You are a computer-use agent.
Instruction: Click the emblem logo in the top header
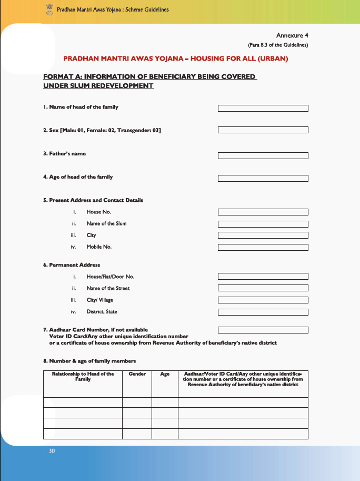click(49, 8)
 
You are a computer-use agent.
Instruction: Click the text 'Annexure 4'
click(292, 35)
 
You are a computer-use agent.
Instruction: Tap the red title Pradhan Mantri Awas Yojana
click(175, 59)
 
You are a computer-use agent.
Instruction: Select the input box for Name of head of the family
click(263, 108)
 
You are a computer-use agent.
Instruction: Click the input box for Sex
click(263, 130)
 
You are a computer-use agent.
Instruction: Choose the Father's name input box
click(263, 155)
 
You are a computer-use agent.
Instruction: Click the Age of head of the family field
click(263, 179)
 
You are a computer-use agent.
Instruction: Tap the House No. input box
click(263, 212)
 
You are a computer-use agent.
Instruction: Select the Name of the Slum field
click(263, 224)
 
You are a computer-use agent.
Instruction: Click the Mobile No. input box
click(263, 247)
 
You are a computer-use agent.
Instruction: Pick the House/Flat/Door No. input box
click(263, 277)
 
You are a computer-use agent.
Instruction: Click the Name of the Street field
click(263, 288)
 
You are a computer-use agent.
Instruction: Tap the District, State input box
click(263, 312)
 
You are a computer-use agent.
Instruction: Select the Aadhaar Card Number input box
click(263, 330)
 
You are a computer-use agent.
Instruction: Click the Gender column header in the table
click(137, 374)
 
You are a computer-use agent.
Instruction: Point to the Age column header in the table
click(165, 374)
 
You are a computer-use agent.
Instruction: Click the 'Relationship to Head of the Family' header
click(83, 377)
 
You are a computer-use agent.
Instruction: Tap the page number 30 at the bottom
click(52, 451)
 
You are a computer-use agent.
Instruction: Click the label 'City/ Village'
click(99, 300)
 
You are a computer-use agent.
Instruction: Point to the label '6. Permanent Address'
click(71, 265)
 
